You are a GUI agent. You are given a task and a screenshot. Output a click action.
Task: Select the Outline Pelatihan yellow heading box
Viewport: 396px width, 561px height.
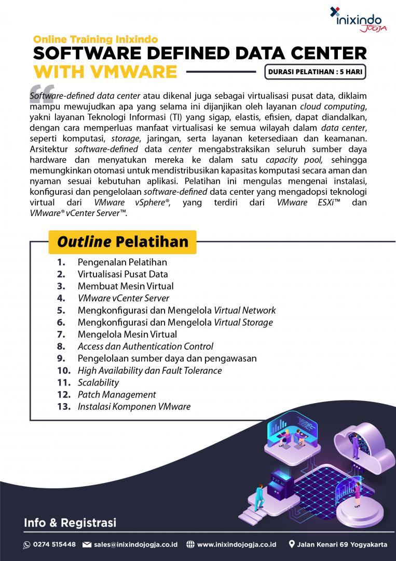click(122, 242)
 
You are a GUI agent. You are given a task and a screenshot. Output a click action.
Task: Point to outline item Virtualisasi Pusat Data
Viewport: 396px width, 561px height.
click(122, 274)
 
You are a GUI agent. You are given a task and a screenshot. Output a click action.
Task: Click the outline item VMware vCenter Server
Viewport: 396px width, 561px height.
click(123, 298)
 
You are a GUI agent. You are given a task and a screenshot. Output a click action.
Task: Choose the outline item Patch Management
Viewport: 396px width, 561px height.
click(117, 394)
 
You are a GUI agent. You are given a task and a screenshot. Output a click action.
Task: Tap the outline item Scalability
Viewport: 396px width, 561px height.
click(98, 382)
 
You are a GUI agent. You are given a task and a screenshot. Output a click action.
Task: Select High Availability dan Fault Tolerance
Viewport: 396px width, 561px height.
click(149, 370)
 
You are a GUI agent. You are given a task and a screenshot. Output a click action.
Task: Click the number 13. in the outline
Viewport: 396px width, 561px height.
click(64, 406)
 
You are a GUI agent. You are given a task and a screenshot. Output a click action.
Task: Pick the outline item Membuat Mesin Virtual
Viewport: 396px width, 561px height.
click(126, 286)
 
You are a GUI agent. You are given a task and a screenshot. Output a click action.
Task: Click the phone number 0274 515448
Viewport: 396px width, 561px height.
click(54, 544)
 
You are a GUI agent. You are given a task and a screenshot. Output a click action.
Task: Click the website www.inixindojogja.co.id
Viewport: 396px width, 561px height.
click(236, 544)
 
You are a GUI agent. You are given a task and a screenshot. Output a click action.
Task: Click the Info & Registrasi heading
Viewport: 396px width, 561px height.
click(70, 523)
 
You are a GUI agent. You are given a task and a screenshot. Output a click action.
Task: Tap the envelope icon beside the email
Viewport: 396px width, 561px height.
click(87, 544)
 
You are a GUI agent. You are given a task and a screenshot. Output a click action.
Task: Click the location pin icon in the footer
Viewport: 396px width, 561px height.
click(292, 544)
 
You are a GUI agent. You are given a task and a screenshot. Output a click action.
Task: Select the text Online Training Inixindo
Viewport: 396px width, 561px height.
click(95, 39)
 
